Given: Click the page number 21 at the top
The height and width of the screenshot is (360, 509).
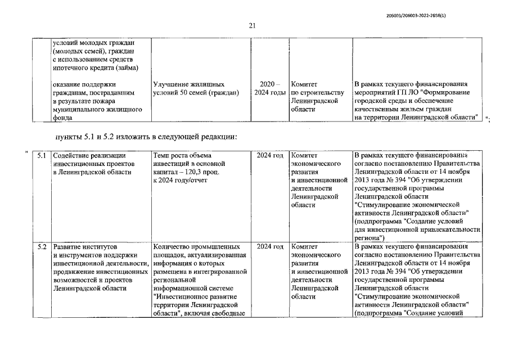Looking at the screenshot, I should click(252, 25).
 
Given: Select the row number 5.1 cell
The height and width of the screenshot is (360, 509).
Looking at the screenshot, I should click(41, 155).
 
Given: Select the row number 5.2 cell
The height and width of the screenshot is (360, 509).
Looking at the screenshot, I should click(41, 247).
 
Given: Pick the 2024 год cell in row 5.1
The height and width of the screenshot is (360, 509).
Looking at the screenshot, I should click(269, 155).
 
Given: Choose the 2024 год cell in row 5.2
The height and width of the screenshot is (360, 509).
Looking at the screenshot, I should click(269, 247).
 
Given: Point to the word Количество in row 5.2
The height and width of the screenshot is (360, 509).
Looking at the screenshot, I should click(174, 247).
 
